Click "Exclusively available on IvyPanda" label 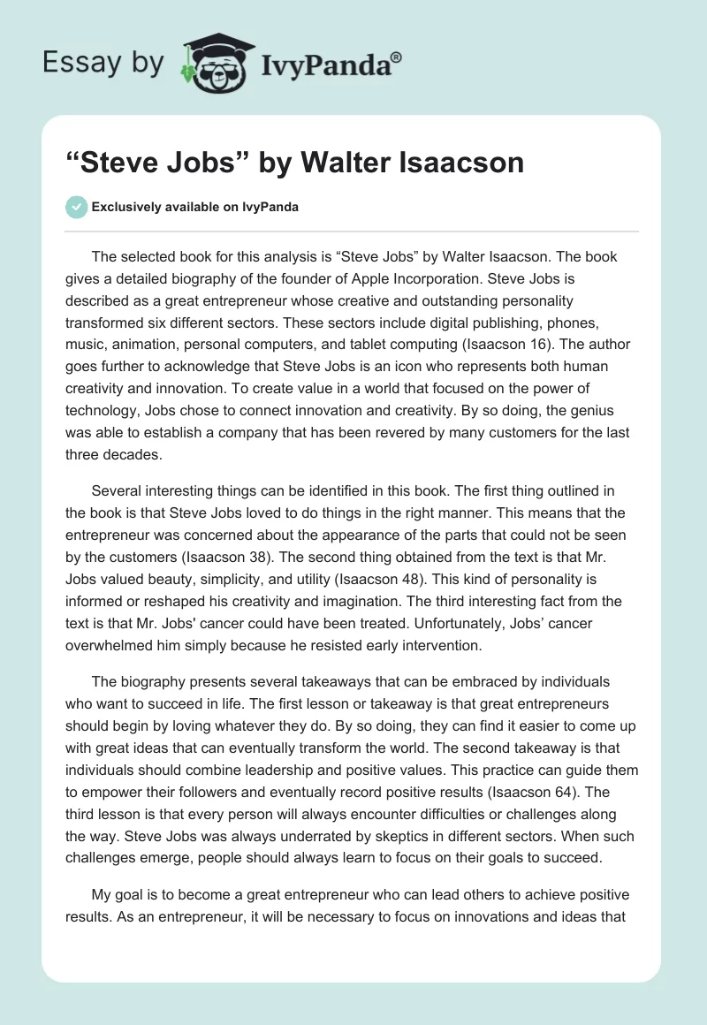tap(195, 208)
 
